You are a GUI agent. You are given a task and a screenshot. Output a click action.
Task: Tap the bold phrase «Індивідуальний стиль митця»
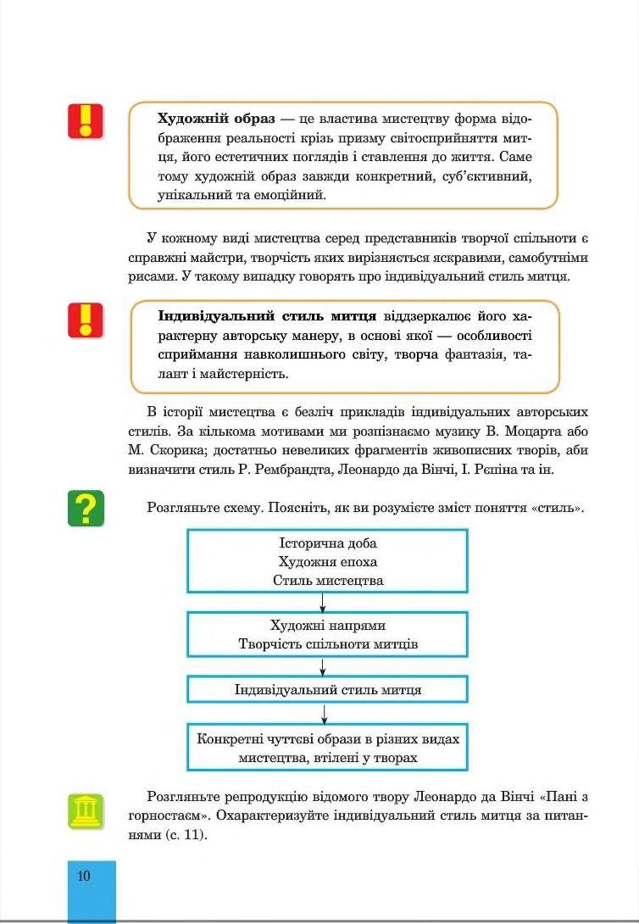(267, 316)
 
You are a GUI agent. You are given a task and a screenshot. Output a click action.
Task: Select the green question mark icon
(86, 508)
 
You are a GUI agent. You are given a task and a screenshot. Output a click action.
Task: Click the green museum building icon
(86, 811)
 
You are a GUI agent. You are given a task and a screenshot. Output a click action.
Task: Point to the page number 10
(83, 876)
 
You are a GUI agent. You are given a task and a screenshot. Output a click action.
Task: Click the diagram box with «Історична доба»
(327, 561)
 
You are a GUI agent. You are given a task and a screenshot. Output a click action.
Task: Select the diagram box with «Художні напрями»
(327, 634)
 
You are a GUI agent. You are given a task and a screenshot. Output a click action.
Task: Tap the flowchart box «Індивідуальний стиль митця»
(327, 689)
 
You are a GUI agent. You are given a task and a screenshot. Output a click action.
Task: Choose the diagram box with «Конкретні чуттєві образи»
(327, 747)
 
